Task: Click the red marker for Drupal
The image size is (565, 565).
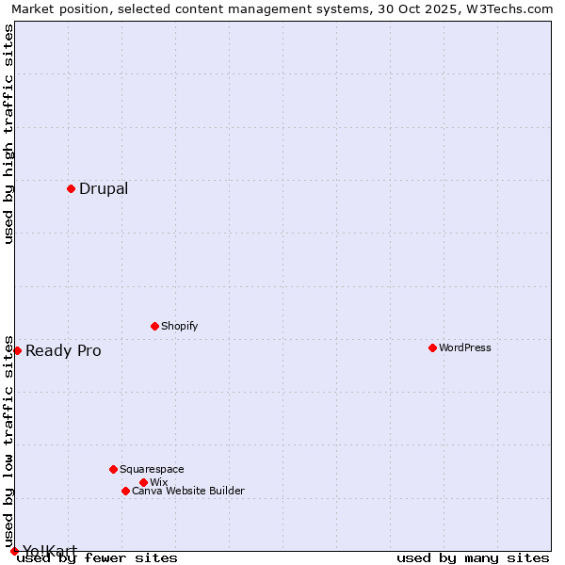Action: [x=71, y=188]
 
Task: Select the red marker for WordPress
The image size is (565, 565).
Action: [x=432, y=347]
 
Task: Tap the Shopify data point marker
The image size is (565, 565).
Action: [x=154, y=326]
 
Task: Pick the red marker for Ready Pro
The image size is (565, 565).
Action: [x=17, y=350]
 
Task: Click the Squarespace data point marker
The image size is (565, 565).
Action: [x=113, y=469]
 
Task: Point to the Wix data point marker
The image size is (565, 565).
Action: [x=143, y=482]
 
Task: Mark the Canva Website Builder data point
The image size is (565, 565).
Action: [x=125, y=491]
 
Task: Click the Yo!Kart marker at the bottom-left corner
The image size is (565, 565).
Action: [x=14, y=551]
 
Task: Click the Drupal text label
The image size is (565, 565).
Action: [x=104, y=188]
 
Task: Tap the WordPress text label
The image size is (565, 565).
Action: [x=465, y=347]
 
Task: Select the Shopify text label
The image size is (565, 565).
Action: [x=180, y=326]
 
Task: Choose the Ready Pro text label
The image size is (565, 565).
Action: [x=63, y=351]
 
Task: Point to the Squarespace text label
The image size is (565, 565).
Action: [x=152, y=469]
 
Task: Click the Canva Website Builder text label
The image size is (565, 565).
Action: [x=188, y=491]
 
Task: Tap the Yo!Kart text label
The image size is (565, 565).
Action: [x=50, y=551]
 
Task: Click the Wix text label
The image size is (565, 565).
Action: [x=159, y=482]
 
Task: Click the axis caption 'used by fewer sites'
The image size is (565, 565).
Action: [x=98, y=558]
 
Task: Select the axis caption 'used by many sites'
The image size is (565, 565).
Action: [x=473, y=558]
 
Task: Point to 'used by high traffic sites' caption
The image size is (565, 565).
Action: [x=9, y=134]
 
